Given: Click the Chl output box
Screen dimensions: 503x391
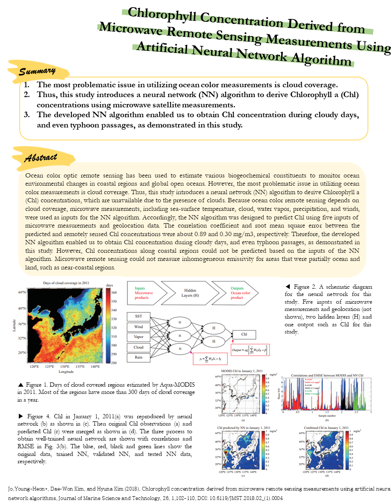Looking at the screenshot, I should tap(244, 334).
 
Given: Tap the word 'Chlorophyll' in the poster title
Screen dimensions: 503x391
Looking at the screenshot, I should tap(164, 15).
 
